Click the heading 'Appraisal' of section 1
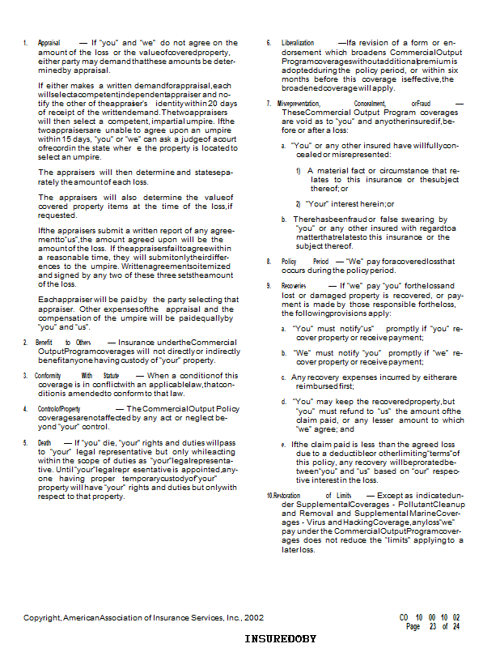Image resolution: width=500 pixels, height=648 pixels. (49, 43)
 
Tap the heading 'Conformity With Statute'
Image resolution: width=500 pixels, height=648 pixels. (77, 376)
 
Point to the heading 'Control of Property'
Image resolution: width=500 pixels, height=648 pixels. (59, 409)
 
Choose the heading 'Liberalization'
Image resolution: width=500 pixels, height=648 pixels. (298, 43)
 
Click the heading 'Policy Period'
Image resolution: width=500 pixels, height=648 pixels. (305, 262)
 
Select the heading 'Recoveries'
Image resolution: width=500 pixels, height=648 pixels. (293, 287)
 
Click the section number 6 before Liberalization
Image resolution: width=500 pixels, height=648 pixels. (269, 43)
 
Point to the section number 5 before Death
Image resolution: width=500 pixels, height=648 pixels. (25, 442)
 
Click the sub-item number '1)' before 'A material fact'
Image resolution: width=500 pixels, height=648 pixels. (299, 172)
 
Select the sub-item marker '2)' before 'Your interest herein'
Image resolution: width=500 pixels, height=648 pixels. (299, 203)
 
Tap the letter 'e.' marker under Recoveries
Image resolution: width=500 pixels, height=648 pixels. (283, 446)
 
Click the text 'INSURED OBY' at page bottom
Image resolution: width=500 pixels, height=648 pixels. (281, 639)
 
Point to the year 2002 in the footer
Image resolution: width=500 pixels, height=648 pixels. (253, 617)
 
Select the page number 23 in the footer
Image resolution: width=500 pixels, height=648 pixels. (433, 626)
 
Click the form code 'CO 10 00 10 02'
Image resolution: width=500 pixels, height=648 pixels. (429, 617)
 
